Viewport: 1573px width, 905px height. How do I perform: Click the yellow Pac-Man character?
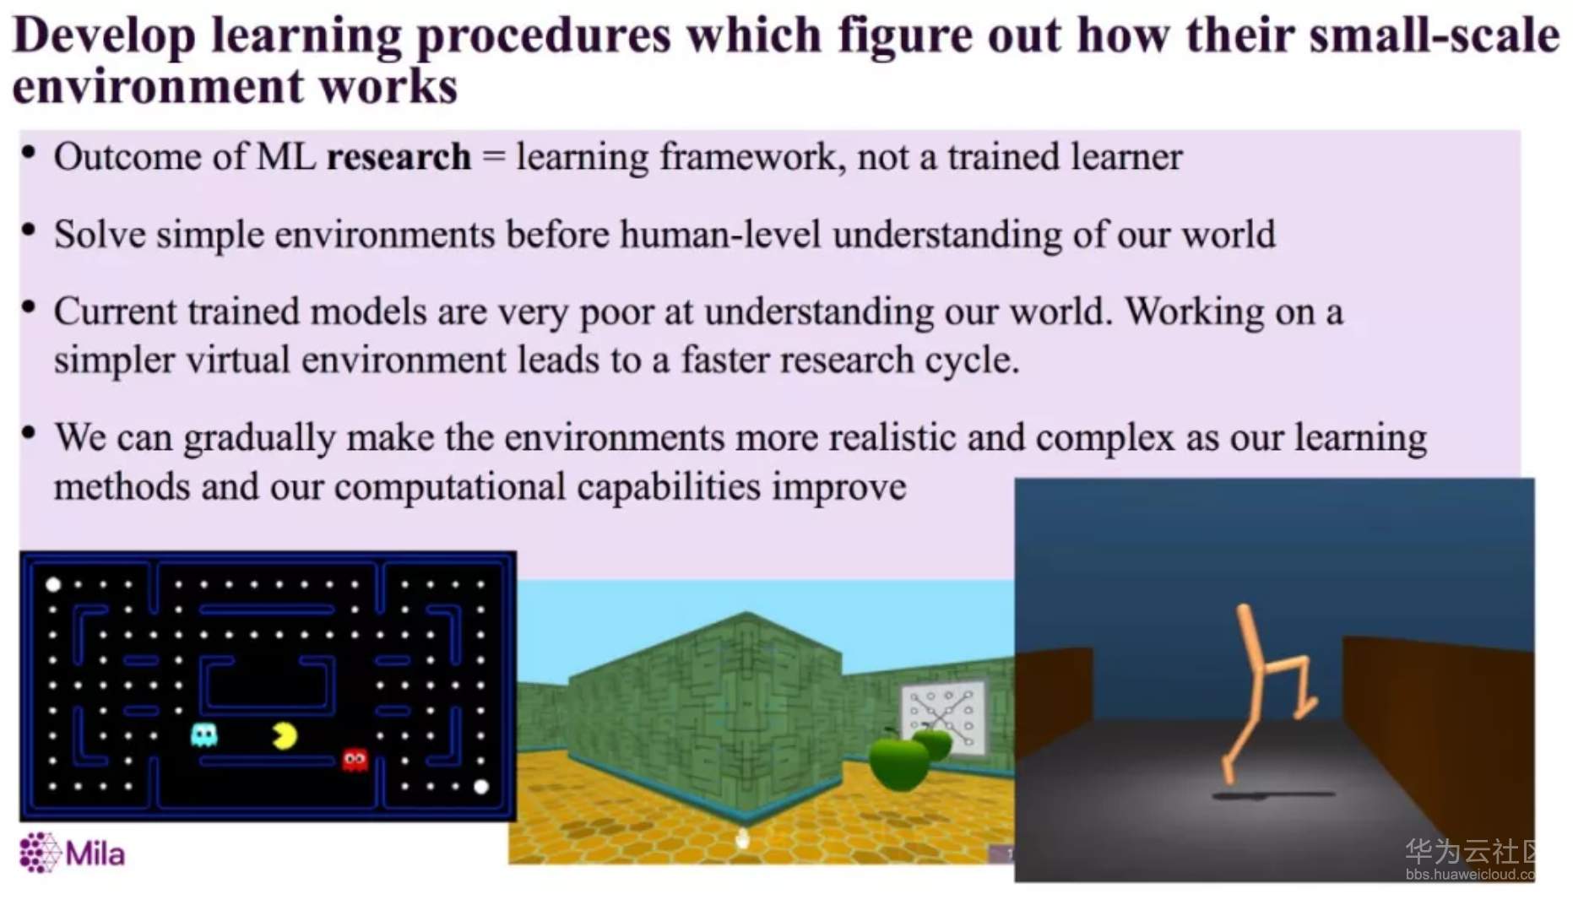(x=285, y=736)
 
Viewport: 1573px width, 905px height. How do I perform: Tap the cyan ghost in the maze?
(x=204, y=734)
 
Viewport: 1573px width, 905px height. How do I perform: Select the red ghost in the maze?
(x=355, y=760)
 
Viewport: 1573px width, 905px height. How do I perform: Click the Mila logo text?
(x=95, y=854)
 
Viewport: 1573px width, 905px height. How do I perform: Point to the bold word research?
(x=399, y=157)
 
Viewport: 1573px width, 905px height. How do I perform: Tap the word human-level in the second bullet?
(x=720, y=235)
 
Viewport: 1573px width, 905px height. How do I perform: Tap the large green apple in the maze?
(x=898, y=762)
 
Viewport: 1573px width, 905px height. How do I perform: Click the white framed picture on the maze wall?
(x=944, y=716)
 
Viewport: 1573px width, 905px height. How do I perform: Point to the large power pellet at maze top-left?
(x=52, y=584)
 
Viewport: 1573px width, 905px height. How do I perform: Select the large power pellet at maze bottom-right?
(x=481, y=787)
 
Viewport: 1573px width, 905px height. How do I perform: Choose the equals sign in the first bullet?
(x=494, y=158)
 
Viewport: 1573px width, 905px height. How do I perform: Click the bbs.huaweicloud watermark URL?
(x=1470, y=875)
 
